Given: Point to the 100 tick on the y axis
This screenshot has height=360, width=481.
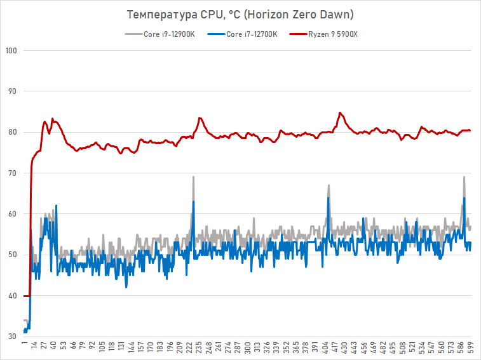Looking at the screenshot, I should click(11, 51).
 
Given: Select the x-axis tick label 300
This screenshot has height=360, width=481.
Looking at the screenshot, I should click(248, 349).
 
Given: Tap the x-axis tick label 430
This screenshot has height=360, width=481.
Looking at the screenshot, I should click(344, 349).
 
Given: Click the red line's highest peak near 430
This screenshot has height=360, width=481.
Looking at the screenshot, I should click(341, 113).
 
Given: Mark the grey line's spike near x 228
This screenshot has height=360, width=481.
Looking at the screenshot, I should click(193, 177).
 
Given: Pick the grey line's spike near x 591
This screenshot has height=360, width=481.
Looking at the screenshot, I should click(464, 177).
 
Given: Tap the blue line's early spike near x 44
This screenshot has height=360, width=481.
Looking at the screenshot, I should click(56, 206).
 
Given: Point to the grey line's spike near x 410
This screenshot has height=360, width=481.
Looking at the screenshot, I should click(329, 185).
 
